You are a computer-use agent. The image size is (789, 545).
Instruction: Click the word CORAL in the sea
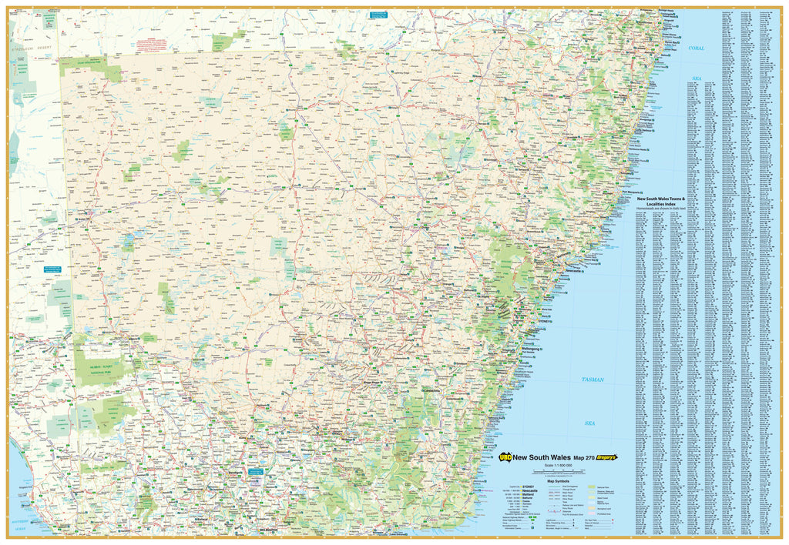(x=697, y=48)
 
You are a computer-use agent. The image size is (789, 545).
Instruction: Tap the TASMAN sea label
(x=593, y=380)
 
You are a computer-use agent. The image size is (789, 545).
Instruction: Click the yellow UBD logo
(x=506, y=456)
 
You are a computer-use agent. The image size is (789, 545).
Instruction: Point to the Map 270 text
(x=579, y=456)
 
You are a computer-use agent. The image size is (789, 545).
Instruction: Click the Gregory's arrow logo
(x=605, y=456)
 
